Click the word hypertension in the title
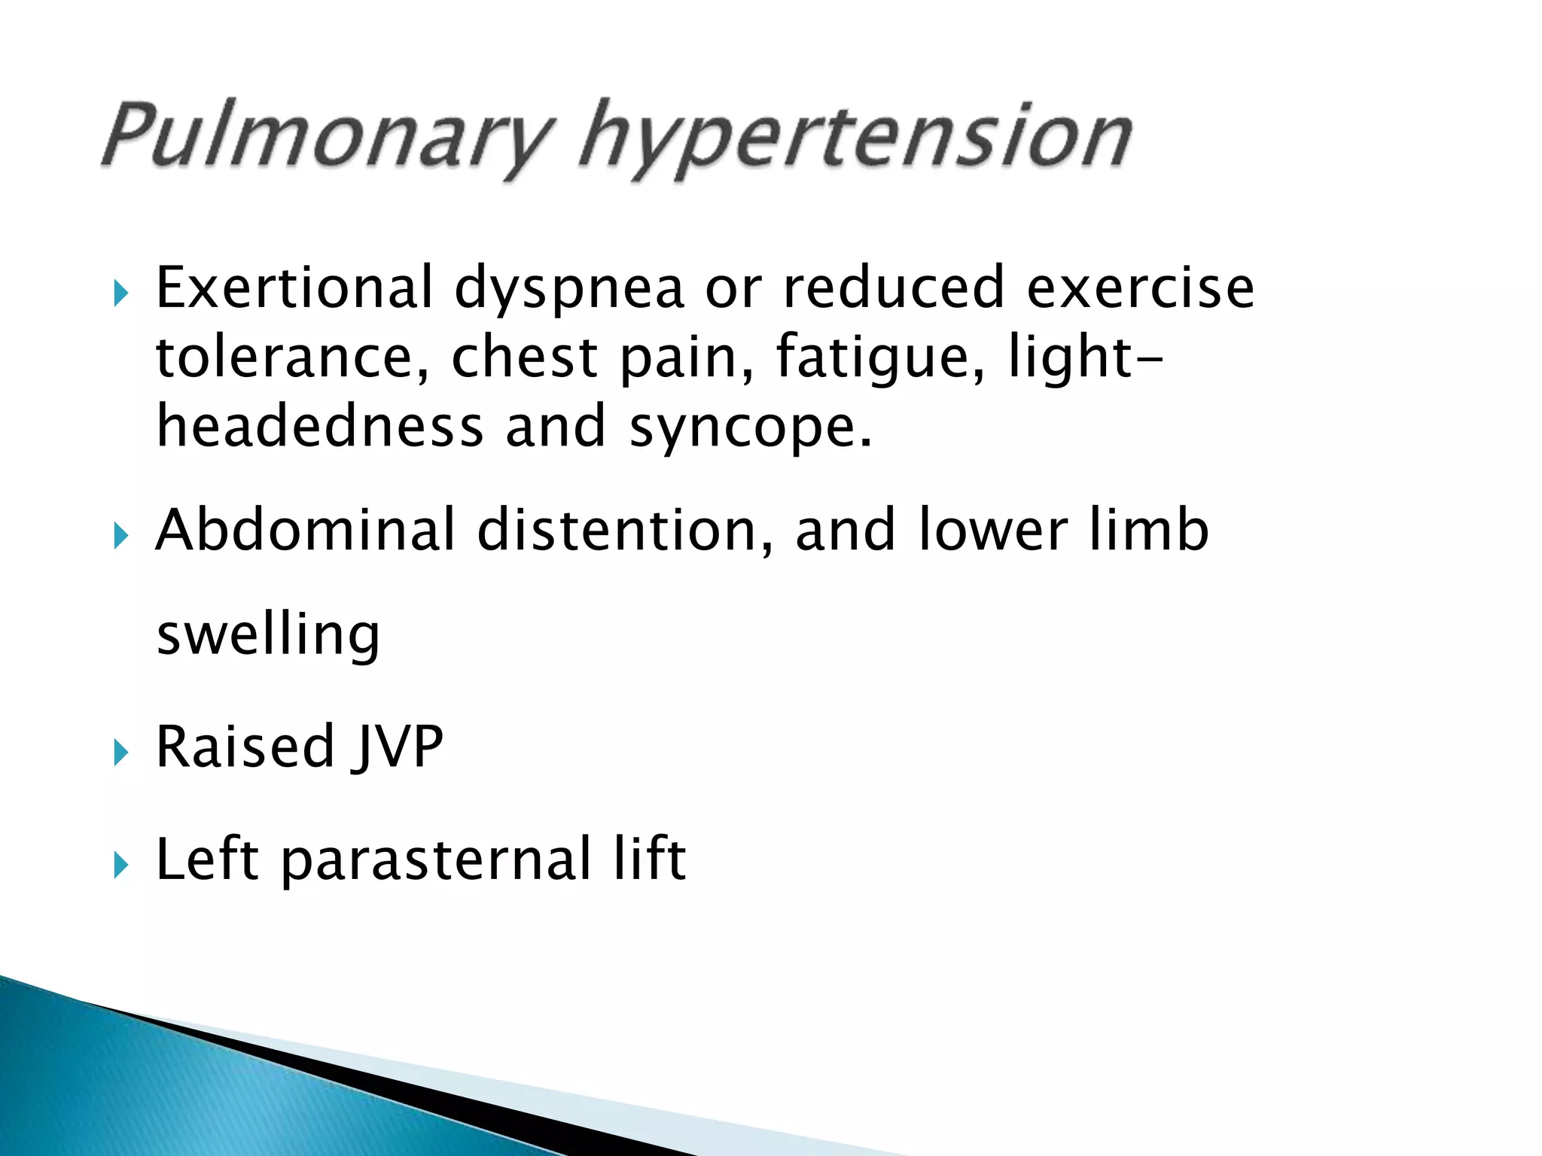pos(855,139)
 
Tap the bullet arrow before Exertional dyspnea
pos(120,294)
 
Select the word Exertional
pos(294,287)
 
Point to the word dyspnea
pos(569,291)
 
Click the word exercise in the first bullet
pos(1140,287)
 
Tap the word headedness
pos(319,426)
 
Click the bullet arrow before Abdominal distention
pos(120,537)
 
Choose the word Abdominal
pos(305,530)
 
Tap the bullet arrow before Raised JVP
pos(120,752)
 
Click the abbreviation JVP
pos(398,747)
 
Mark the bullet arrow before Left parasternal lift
pos(120,865)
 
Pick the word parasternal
pos(437,859)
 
